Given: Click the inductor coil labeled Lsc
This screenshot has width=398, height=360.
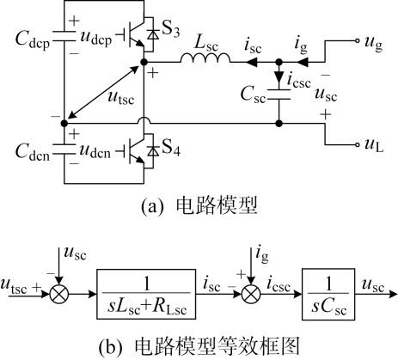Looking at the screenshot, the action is [x=205, y=58].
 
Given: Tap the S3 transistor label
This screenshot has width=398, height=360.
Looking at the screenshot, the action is [x=171, y=30].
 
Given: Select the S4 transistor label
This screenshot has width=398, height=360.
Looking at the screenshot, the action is [x=171, y=149].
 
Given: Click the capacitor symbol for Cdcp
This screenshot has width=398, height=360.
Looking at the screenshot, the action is [x=64, y=36].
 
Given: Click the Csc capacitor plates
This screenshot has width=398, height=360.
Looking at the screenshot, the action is [x=279, y=95].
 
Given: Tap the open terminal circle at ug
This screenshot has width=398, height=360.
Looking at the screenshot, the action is [x=357, y=40].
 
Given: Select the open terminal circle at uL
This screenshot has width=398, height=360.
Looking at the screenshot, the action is [x=357, y=144].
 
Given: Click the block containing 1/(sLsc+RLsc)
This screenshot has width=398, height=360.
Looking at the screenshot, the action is [x=146, y=294].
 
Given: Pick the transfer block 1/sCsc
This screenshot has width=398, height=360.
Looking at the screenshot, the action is [x=328, y=294].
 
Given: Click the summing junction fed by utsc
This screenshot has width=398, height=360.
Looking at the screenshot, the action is [x=59, y=294].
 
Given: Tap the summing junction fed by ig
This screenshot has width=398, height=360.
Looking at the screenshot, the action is [x=251, y=294].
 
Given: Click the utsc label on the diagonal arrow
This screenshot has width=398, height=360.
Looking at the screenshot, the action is [x=121, y=97].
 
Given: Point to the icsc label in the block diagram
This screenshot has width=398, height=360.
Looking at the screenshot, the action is [x=279, y=285].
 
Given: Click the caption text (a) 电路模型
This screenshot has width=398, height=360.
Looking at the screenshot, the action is [x=199, y=205].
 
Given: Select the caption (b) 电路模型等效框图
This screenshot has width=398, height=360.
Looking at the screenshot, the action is [x=199, y=346].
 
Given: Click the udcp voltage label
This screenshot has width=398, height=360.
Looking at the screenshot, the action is [x=96, y=39].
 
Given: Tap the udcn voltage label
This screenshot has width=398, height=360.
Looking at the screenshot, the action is [x=95, y=151].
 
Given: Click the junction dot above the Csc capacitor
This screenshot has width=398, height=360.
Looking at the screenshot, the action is [x=279, y=62].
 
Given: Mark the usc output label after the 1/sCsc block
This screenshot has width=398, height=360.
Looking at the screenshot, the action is [x=373, y=285].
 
